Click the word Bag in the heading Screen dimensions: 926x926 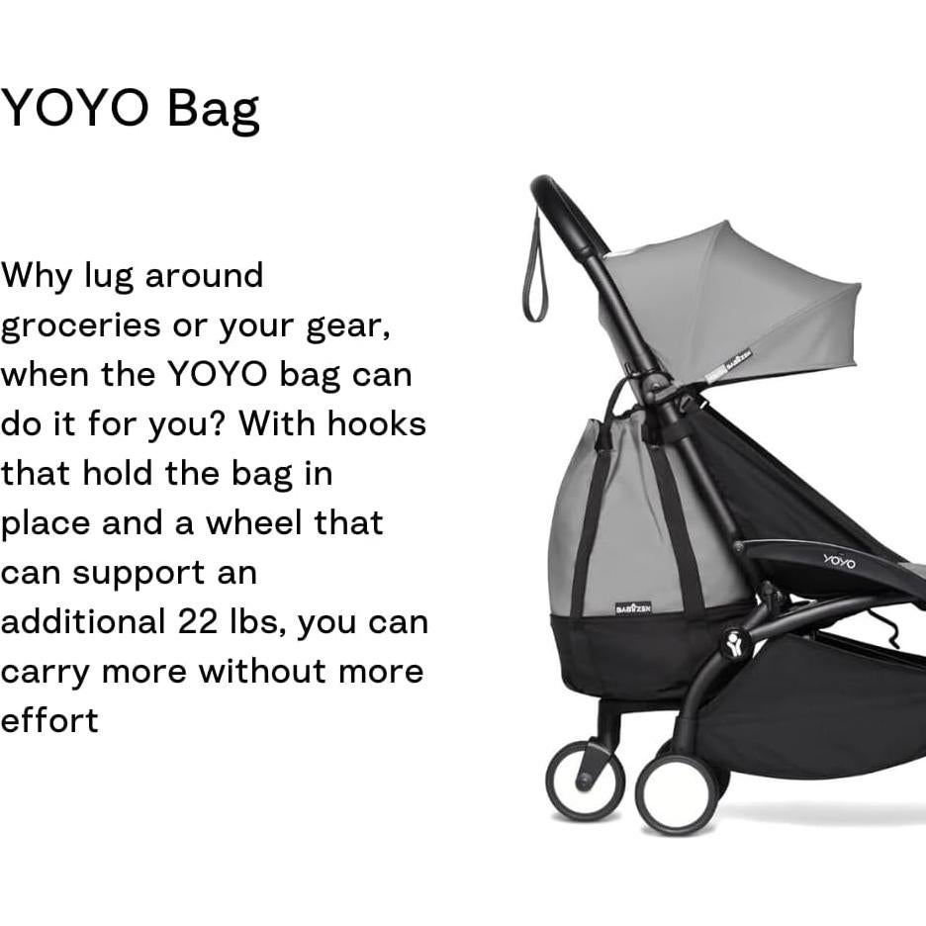[x=213, y=109]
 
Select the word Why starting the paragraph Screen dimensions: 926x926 [x=37, y=276]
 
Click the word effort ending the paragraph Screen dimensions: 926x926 [x=49, y=720]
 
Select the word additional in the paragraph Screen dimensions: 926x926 [x=83, y=622]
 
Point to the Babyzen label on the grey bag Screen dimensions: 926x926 [x=633, y=607]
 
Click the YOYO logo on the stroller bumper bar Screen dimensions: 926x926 [x=839, y=561]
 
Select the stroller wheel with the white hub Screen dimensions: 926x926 [x=678, y=794]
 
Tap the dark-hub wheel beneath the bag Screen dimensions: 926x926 [x=586, y=779]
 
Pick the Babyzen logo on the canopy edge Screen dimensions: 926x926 [x=738, y=360]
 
